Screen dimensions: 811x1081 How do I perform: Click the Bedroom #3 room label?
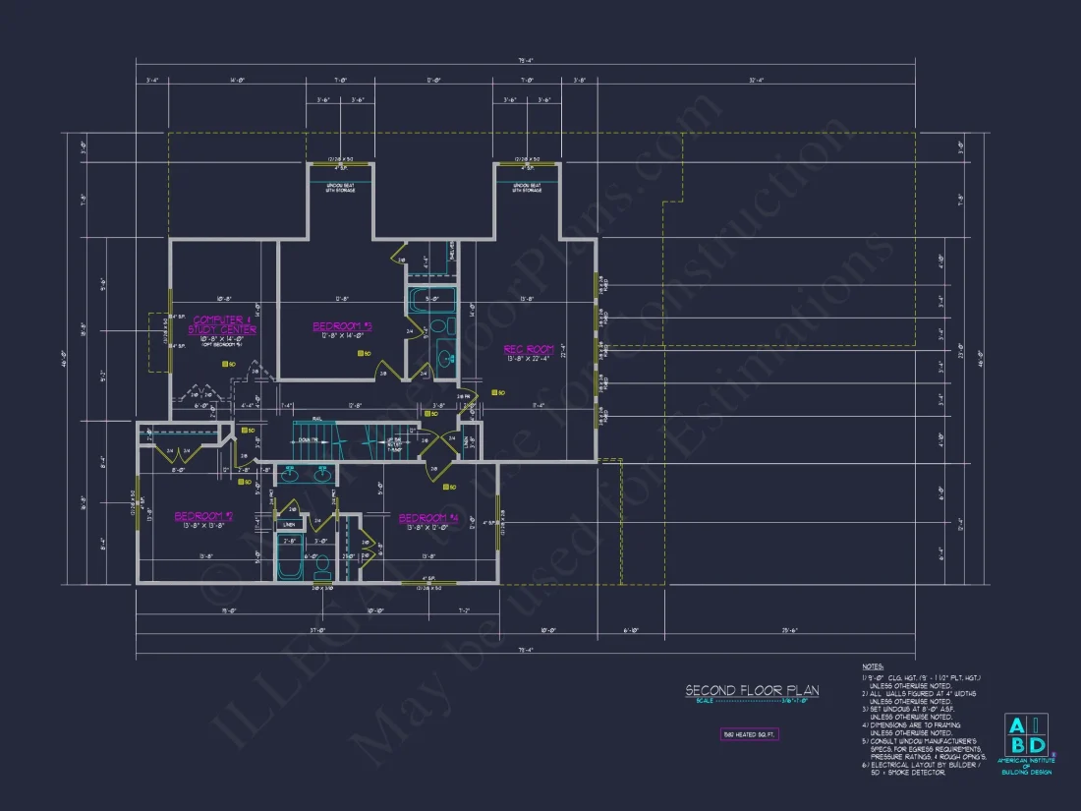tap(341, 325)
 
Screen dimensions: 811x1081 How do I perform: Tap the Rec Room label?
tap(529, 348)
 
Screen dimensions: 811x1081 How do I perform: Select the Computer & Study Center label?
tap(223, 324)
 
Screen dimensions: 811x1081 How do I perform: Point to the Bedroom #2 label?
tap(203, 515)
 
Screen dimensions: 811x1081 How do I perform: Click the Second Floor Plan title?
tap(752, 691)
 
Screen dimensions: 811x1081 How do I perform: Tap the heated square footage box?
tap(749, 734)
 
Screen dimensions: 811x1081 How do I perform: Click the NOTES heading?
tap(873, 666)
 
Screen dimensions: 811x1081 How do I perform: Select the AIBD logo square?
tap(1024, 736)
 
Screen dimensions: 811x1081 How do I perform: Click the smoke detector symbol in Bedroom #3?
tap(361, 352)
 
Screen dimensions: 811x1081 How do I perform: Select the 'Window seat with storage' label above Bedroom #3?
tap(340, 187)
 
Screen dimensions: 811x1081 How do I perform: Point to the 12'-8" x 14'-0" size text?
tap(341, 335)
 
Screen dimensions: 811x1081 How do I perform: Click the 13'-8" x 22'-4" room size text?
tap(529, 358)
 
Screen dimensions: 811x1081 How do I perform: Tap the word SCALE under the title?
tap(705, 701)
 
